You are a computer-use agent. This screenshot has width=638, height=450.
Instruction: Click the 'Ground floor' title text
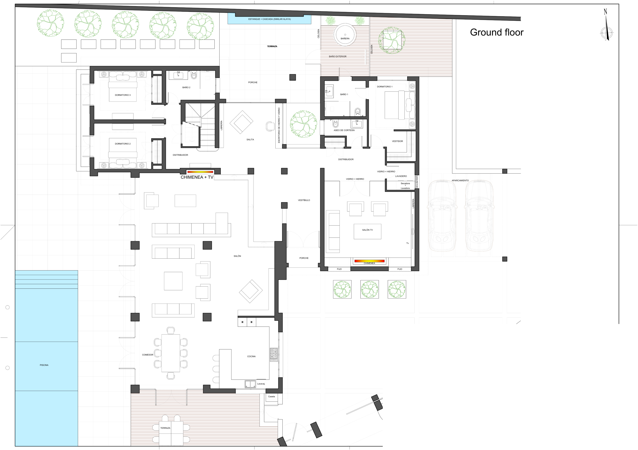click(x=496, y=32)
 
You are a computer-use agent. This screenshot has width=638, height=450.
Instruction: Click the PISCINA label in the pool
click(x=44, y=365)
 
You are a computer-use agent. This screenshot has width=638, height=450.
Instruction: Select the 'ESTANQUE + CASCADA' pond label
click(x=269, y=19)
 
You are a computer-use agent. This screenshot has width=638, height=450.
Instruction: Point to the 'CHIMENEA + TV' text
click(x=197, y=177)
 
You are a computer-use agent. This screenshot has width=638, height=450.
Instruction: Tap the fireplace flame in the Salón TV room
click(x=369, y=261)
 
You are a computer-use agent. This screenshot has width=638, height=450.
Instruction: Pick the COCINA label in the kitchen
click(x=251, y=356)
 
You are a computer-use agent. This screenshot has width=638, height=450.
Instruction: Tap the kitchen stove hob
click(x=273, y=355)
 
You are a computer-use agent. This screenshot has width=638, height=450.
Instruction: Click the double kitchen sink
click(x=250, y=384)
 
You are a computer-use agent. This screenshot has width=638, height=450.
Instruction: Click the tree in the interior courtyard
click(x=304, y=124)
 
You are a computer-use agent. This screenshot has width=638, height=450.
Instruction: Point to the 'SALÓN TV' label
click(x=367, y=230)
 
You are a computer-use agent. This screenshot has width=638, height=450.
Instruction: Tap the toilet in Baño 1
click(x=358, y=112)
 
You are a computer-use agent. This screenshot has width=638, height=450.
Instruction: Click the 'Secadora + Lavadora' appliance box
click(x=405, y=186)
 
